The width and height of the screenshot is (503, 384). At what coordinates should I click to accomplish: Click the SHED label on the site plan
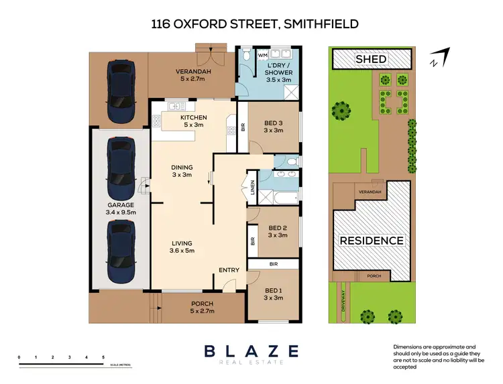click(371, 59)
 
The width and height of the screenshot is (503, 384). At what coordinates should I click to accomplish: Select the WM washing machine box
click(263, 54)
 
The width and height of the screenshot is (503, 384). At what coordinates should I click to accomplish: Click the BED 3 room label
click(273, 126)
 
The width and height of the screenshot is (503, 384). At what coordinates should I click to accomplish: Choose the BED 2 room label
click(277, 231)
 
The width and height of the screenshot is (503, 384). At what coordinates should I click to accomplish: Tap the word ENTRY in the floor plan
click(229, 270)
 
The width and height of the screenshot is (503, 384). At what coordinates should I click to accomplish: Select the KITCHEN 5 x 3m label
click(194, 121)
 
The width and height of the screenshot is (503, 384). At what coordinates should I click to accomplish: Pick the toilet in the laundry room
click(246, 56)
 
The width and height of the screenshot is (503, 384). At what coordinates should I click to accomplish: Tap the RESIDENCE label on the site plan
click(371, 241)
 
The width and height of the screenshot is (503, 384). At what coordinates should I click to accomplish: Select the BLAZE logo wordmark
click(251, 351)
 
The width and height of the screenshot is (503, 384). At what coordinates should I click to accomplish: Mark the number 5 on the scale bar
click(103, 357)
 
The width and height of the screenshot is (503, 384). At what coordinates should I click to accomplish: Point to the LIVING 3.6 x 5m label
click(182, 247)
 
